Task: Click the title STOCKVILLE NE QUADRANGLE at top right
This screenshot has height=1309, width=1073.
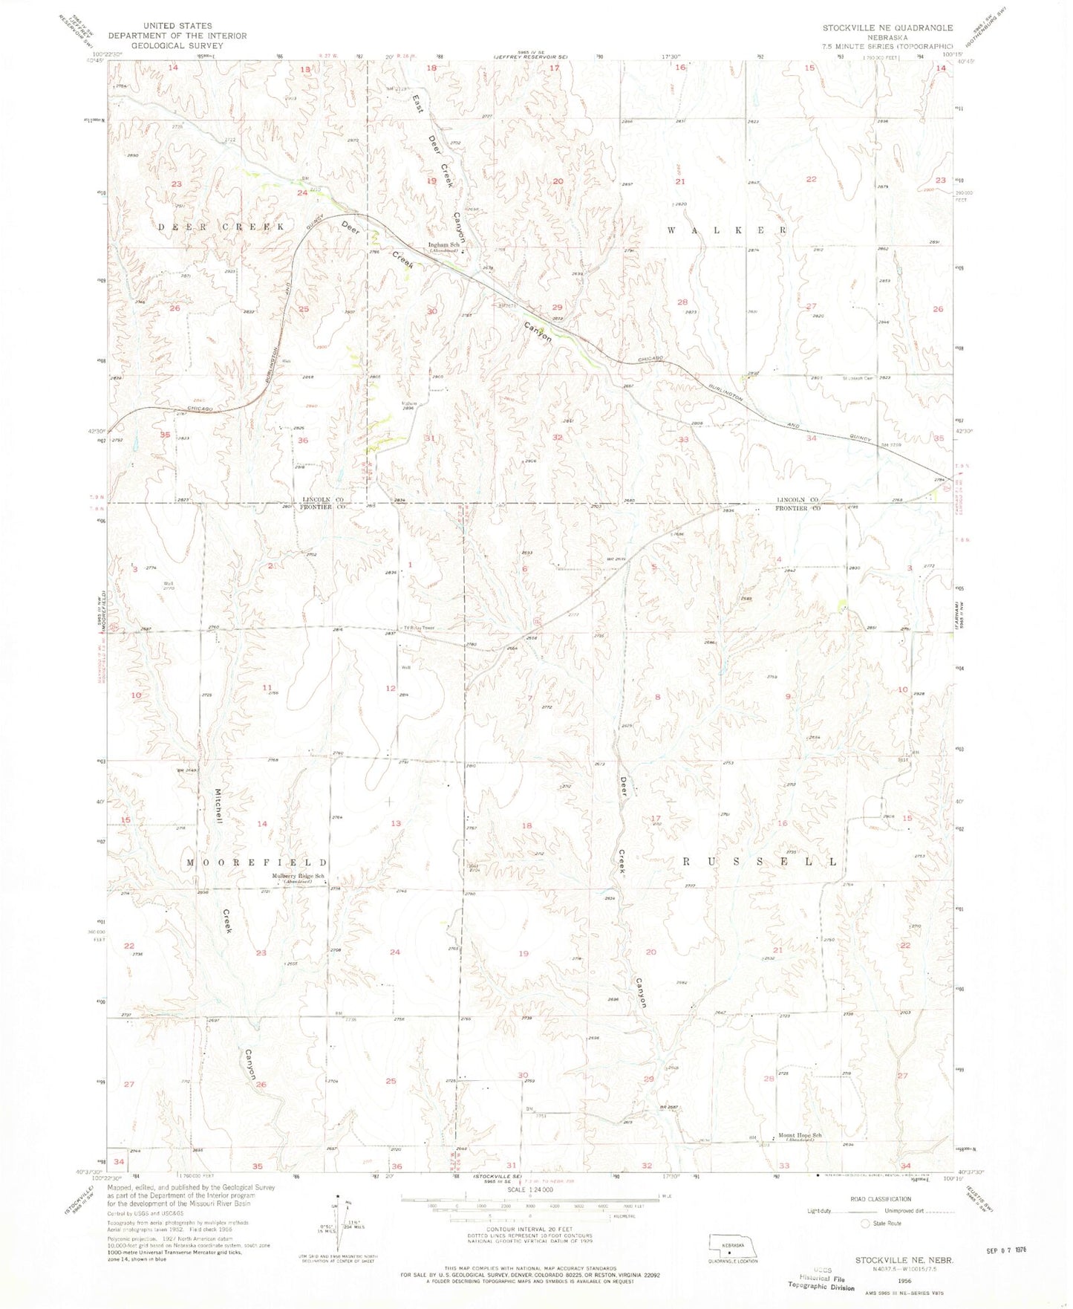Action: pyautogui.click(x=887, y=27)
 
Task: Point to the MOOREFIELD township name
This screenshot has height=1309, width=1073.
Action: pyautogui.click(x=257, y=863)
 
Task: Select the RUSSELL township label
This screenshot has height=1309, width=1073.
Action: pyautogui.click(x=760, y=862)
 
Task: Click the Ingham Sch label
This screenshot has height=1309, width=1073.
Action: pyautogui.click(x=445, y=245)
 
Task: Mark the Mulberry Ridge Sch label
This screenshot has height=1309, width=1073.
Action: pyautogui.click(x=299, y=877)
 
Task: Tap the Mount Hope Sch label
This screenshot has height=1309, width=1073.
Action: pyautogui.click(x=800, y=1135)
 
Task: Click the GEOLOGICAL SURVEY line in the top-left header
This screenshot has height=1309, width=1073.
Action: pyautogui.click(x=177, y=45)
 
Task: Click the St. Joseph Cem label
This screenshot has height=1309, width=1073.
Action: pyautogui.click(x=859, y=378)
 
